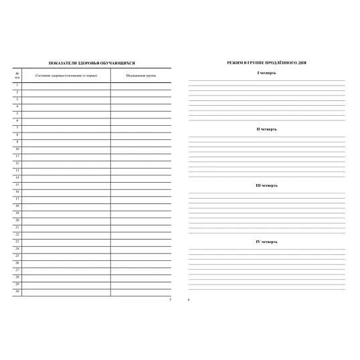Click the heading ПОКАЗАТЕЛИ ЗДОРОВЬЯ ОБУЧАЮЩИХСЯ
click(92, 62)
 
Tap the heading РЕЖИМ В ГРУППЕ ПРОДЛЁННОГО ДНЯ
click(267, 62)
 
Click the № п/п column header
click(17, 75)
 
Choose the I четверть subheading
click(267, 72)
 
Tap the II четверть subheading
click(267, 128)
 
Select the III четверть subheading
click(267, 185)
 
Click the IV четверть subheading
click(267, 241)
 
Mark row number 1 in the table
click(17, 85)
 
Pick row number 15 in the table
click(17, 184)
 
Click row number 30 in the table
click(17, 290)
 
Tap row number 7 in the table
click(17, 127)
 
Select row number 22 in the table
click(17, 234)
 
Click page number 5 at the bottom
click(170, 299)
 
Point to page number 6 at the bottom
click(189, 299)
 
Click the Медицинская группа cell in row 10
click(141, 149)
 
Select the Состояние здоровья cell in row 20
click(66, 219)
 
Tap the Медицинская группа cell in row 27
click(141, 269)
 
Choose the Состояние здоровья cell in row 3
click(66, 99)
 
